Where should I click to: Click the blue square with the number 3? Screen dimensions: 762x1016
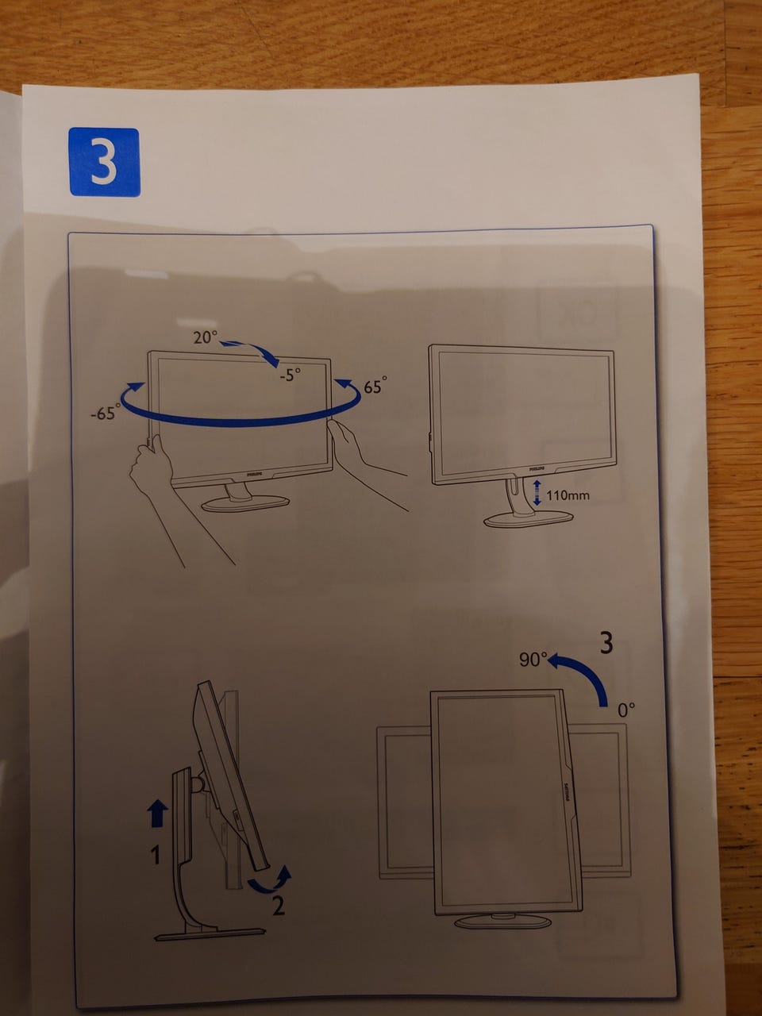pyautogui.click(x=105, y=162)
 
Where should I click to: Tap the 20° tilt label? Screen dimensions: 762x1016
pyautogui.click(x=206, y=337)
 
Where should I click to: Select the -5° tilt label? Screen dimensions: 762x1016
pyautogui.click(x=290, y=375)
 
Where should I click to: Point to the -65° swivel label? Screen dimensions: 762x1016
pyautogui.click(x=106, y=412)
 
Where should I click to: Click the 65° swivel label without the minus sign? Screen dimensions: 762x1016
pyautogui.click(x=375, y=385)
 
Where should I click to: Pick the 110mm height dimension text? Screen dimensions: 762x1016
pyautogui.click(x=568, y=496)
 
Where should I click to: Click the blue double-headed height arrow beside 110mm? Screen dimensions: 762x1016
pyautogui.click(x=537, y=492)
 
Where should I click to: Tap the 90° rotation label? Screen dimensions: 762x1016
pyautogui.click(x=533, y=660)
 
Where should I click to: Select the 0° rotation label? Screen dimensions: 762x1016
pyautogui.click(x=626, y=710)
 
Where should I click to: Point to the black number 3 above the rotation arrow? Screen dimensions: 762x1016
pyautogui.click(x=606, y=642)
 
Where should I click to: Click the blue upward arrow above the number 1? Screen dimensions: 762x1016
pyautogui.click(x=157, y=814)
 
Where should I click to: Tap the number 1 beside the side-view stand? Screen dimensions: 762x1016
pyautogui.click(x=156, y=855)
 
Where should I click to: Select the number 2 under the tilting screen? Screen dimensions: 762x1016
pyautogui.click(x=278, y=906)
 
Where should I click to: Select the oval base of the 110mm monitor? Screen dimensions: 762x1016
pyautogui.click(x=528, y=519)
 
